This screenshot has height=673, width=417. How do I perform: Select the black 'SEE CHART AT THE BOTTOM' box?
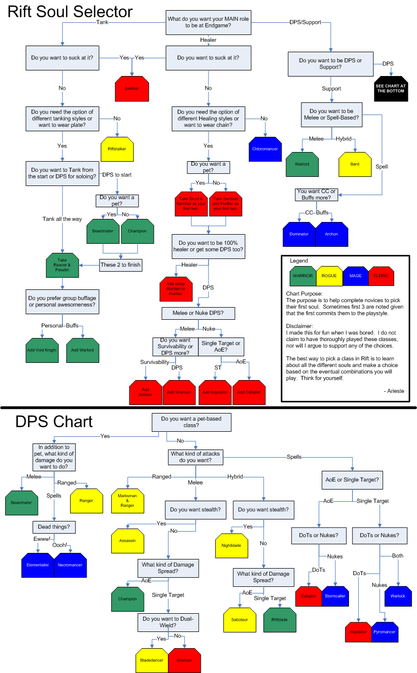[391, 89]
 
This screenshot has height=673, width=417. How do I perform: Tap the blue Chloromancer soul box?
[265, 149]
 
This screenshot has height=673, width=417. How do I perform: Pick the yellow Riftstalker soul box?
[117, 149]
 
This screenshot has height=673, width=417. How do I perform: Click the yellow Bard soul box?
[355, 164]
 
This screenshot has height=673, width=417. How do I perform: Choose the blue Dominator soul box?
[299, 234]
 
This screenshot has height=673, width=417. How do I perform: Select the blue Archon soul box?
[332, 234]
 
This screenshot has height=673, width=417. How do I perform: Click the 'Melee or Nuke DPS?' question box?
[198, 314]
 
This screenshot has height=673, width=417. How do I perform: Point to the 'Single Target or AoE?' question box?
[221, 347]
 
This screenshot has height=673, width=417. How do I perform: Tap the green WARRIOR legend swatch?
[302, 276]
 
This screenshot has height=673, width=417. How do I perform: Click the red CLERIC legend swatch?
[381, 276]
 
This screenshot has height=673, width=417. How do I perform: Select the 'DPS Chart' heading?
[54, 422]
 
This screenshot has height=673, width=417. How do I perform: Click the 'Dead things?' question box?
[54, 527]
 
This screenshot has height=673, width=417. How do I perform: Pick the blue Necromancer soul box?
[71, 565]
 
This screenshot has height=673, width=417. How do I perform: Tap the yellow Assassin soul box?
[128, 541]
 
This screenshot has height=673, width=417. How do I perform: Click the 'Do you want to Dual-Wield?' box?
[168, 622]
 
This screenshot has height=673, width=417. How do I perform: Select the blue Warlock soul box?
[398, 596]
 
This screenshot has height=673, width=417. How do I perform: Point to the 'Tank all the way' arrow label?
[62, 219]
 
